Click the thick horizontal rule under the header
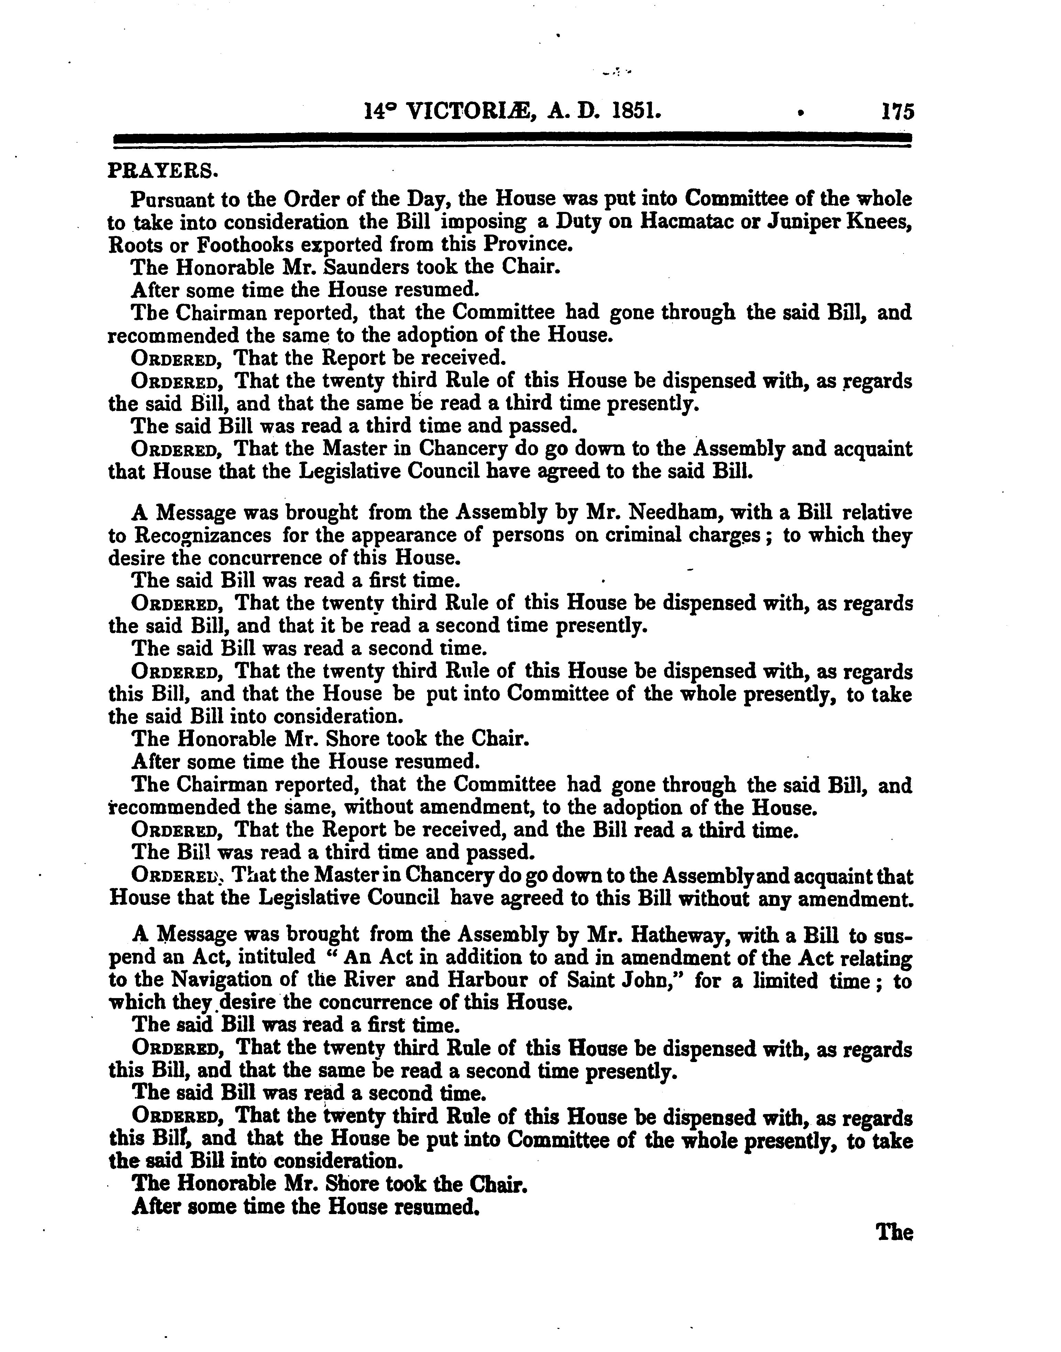(510, 139)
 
